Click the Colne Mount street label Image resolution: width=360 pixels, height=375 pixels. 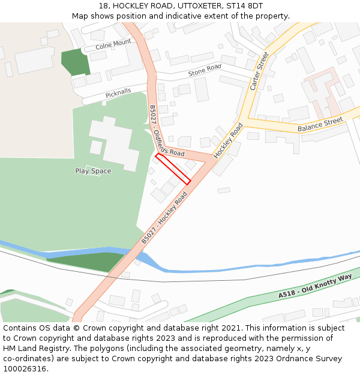pos(113,44)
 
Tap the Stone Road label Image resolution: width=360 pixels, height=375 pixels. pos(205,70)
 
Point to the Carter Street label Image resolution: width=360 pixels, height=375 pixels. pos(259,71)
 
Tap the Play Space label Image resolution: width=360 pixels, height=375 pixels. pos(93,171)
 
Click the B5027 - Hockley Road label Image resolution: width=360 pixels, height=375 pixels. pos(164,217)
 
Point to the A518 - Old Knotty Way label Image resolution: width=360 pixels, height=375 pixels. pos(314,287)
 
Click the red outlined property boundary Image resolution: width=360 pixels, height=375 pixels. pos(173,169)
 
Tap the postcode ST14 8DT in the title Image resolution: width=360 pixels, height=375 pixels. pos(245,5)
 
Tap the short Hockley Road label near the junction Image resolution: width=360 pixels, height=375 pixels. pos(229,140)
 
